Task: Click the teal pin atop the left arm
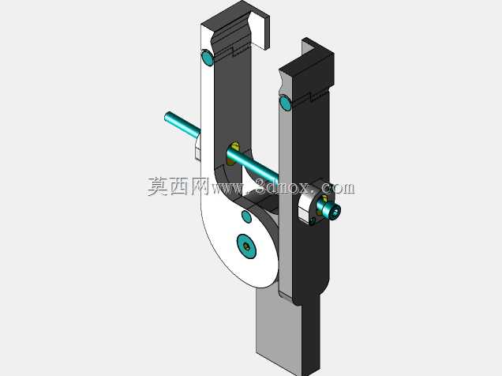pyautogui.click(x=207, y=58)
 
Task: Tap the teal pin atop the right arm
pyautogui.click(x=285, y=103)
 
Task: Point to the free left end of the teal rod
pyautogui.click(x=167, y=117)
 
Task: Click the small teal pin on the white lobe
pyautogui.click(x=246, y=216)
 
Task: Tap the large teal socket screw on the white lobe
pyautogui.click(x=246, y=246)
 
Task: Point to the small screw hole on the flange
pyautogui.click(x=313, y=220)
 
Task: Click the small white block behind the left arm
pyautogui.click(x=198, y=148)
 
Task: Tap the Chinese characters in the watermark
pyautogui.click(x=178, y=186)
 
